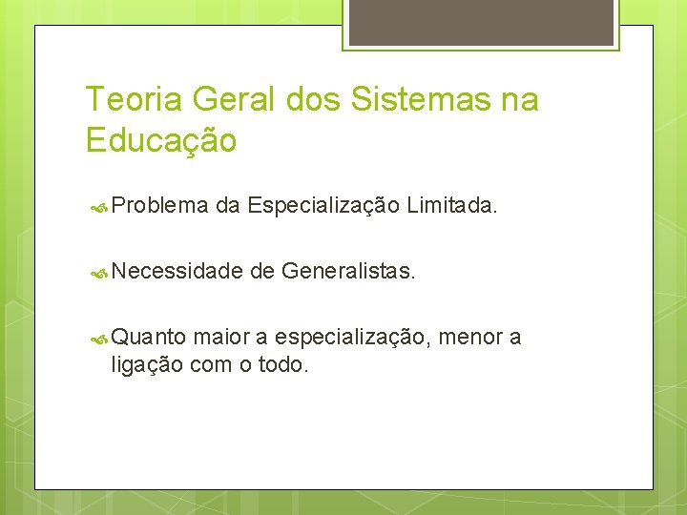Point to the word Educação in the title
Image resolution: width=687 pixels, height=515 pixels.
coord(160,141)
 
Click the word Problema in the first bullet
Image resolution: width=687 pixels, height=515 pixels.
coord(159,203)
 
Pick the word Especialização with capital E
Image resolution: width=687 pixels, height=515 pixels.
coord(323,203)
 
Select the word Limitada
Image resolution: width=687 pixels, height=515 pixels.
coord(451,203)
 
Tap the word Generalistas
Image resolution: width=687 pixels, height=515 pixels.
coord(348,272)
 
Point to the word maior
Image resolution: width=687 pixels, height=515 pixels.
coord(221,337)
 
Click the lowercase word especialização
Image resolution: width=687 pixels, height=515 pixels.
coord(352,337)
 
